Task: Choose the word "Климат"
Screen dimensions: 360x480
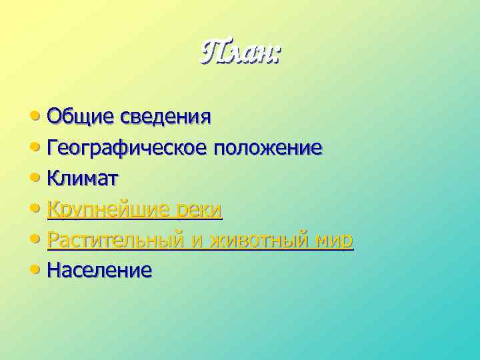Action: tap(83, 178)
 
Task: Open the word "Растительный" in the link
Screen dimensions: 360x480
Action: tap(117, 240)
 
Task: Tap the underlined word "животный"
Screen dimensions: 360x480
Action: tap(257, 240)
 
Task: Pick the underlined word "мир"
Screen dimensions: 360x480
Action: tap(333, 240)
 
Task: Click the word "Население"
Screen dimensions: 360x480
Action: tap(100, 270)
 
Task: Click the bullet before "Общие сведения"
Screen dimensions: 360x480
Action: tap(34, 117)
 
